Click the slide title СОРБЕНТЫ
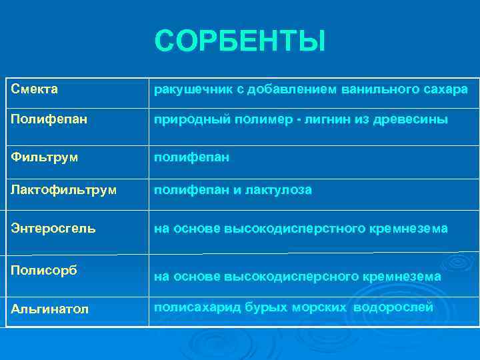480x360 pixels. tap(240, 41)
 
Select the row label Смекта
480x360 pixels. tap(35, 89)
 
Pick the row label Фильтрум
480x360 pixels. tap(44, 157)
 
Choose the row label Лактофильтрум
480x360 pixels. tap(63, 190)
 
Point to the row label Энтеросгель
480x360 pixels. tap(53, 228)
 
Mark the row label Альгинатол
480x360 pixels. tap(50, 309)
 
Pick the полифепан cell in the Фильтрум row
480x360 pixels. tap(192, 157)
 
